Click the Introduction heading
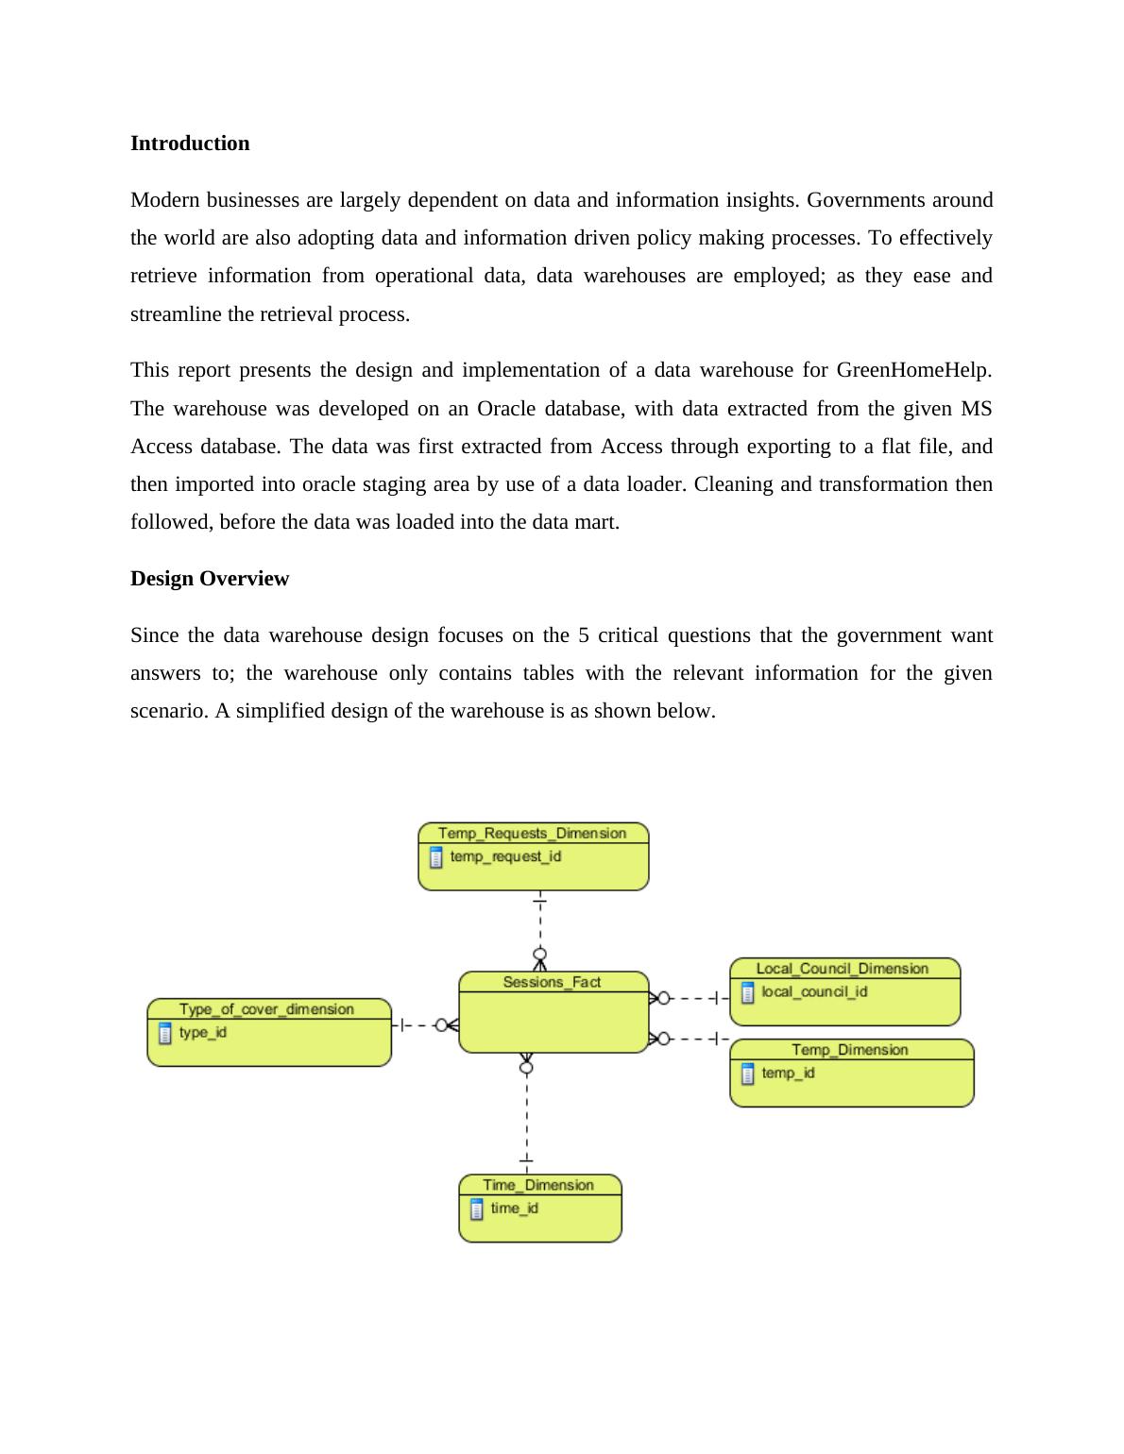(x=190, y=144)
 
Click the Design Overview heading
(x=210, y=579)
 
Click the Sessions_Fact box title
(x=552, y=982)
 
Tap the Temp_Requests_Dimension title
(x=533, y=833)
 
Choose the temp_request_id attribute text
(x=505, y=856)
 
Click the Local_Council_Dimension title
(x=843, y=968)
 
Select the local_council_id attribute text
(x=814, y=991)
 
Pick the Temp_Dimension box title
(x=850, y=1049)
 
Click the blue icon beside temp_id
(x=748, y=1074)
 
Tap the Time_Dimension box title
(x=538, y=1185)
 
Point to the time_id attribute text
(x=514, y=1209)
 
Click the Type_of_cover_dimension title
(x=267, y=1008)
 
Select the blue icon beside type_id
(x=165, y=1033)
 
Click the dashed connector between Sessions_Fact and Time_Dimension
(x=526, y=1114)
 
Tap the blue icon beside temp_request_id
(x=435, y=857)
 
